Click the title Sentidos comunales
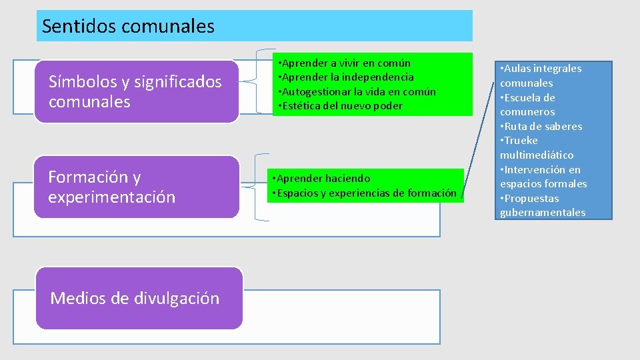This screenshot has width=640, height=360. pyautogui.click(x=128, y=27)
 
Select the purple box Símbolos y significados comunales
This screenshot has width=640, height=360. pyautogui.click(x=136, y=92)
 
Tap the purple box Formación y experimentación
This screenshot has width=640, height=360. pyautogui.click(x=136, y=187)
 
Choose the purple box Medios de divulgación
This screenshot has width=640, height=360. pyautogui.click(x=139, y=298)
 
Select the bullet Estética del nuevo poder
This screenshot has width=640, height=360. pyautogui.click(x=341, y=106)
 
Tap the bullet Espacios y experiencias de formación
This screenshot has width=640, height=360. pyautogui.click(x=363, y=193)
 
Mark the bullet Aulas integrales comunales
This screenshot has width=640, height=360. pyautogui.click(x=540, y=75)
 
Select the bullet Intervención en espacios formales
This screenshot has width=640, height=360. pyautogui.click(x=543, y=177)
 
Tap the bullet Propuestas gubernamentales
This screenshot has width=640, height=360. pyautogui.click(x=542, y=205)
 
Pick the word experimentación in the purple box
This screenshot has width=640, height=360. pyautogui.click(x=112, y=197)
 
